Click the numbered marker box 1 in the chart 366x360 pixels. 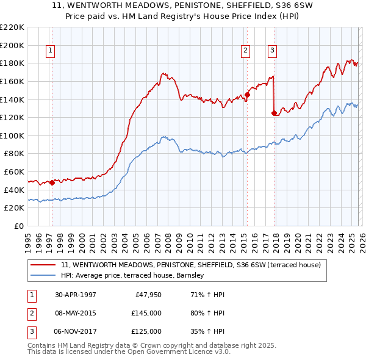(x=49, y=51)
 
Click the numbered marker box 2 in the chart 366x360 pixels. (x=245, y=51)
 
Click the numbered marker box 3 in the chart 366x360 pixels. (x=272, y=51)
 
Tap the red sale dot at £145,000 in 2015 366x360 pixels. (x=247, y=95)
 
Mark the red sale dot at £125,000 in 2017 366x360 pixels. (x=274, y=113)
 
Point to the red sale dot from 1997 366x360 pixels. (x=52, y=182)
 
